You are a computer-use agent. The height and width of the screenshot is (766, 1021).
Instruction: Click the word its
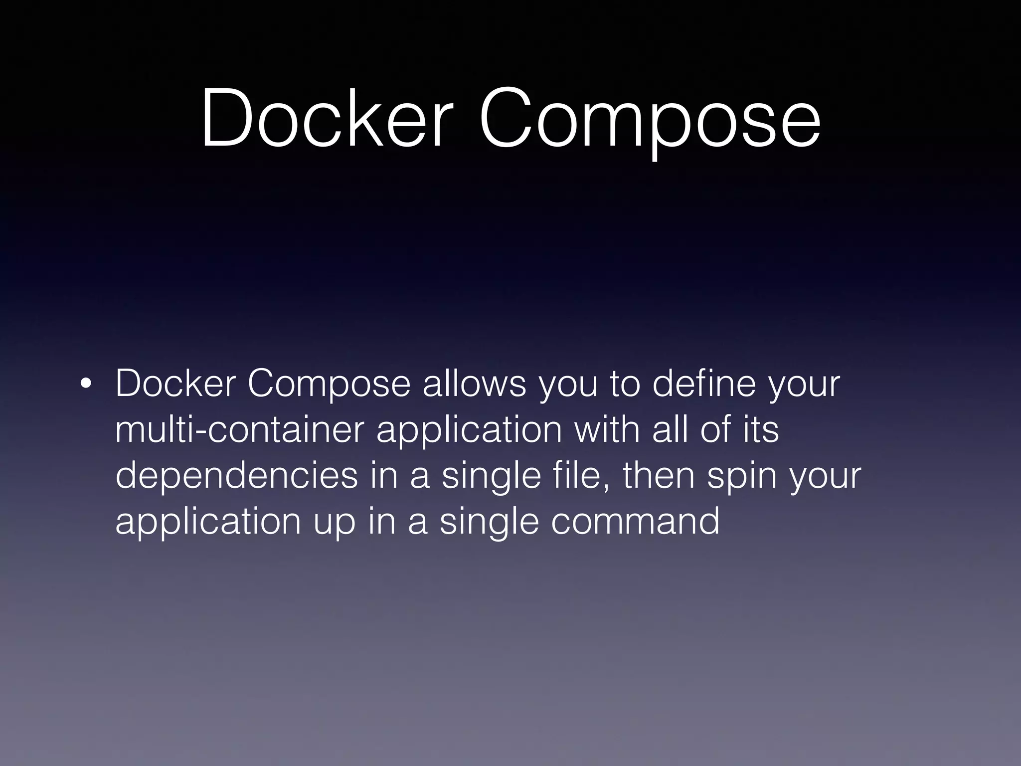(x=761, y=430)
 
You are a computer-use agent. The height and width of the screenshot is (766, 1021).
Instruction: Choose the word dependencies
(x=236, y=476)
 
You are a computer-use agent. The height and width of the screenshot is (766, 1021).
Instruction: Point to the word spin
(x=742, y=477)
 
